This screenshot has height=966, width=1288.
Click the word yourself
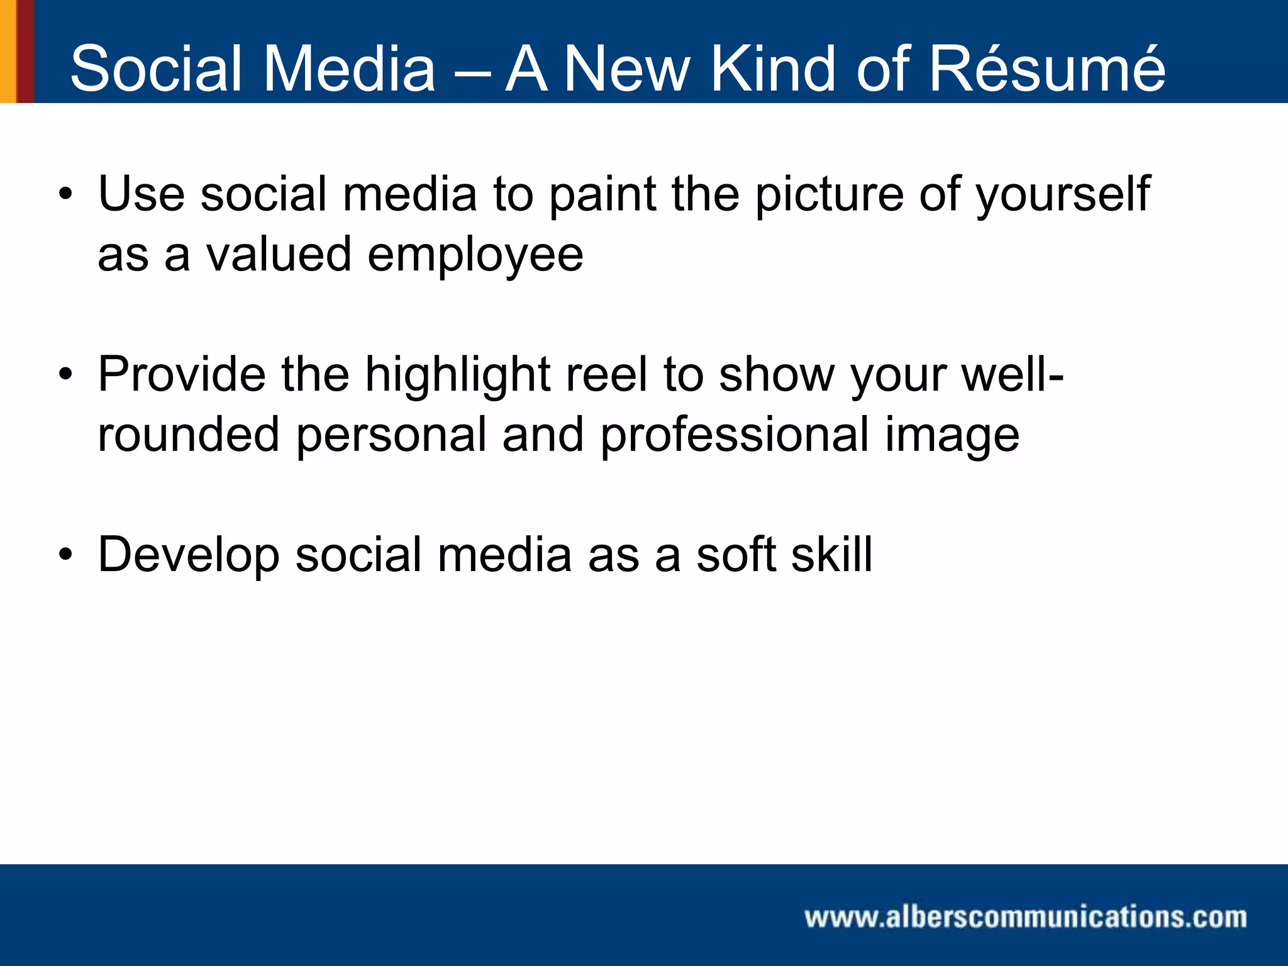coord(1063,195)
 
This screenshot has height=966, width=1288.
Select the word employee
coord(475,255)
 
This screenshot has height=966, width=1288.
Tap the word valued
coord(279,254)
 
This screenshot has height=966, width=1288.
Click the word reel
coord(606,374)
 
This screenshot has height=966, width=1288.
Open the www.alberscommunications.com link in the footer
coord(1025,917)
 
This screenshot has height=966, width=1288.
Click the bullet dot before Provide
coord(65,375)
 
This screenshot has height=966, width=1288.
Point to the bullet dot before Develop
coord(65,555)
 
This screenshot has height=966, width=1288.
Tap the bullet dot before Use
coord(65,194)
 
